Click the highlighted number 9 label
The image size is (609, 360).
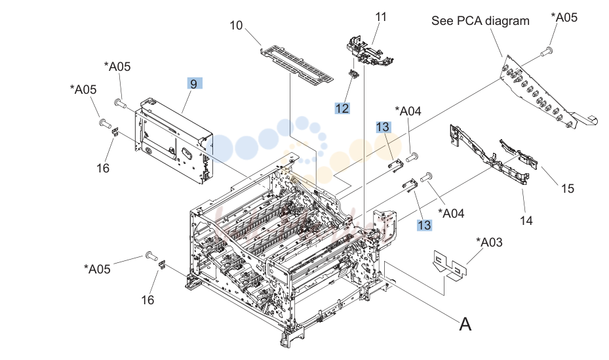pyautogui.click(x=194, y=83)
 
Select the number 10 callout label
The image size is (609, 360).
pyautogui.click(x=236, y=26)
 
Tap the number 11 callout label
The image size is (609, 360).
pyautogui.click(x=381, y=17)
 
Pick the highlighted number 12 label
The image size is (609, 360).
pyautogui.click(x=342, y=108)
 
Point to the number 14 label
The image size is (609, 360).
pyautogui.click(x=526, y=220)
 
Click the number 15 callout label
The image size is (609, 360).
pyautogui.click(x=568, y=189)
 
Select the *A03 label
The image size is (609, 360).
pyautogui.click(x=490, y=243)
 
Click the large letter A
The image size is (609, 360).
pyautogui.click(x=465, y=324)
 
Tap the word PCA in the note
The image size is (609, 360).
pyautogui.click(x=470, y=20)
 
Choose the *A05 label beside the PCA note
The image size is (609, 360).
pyautogui.click(x=564, y=17)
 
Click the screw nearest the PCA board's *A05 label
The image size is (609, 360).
pyautogui.click(x=547, y=50)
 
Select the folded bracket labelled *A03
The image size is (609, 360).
pyautogui.click(x=450, y=266)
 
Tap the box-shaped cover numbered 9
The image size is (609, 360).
pyautogui.click(x=174, y=140)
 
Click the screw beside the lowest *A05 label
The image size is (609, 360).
pyautogui.click(x=151, y=256)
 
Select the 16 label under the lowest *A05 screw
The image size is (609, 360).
pyautogui.click(x=147, y=300)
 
